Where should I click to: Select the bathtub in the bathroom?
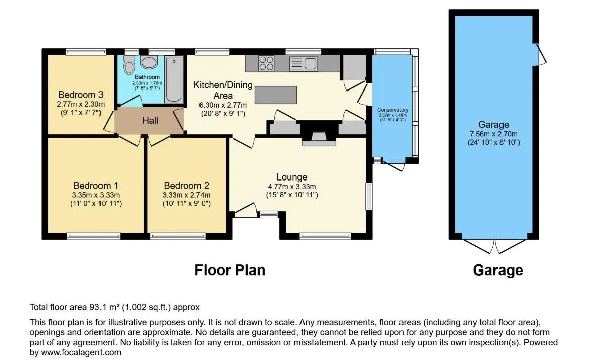click(x=174, y=79)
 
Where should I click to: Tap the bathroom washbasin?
click(x=149, y=62)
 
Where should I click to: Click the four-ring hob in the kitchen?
click(x=266, y=63)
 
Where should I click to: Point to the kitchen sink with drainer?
click(x=303, y=64)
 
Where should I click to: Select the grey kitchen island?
click(x=275, y=95)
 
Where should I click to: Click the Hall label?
click(x=150, y=120)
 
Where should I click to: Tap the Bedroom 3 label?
click(x=81, y=95)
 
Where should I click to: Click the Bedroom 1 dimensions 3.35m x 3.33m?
click(x=96, y=195)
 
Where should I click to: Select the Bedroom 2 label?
click(x=186, y=186)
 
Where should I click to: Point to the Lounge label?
click(x=292, y=177)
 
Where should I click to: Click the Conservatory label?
click(x=393, y=110)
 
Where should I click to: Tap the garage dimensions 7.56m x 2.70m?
click(x=493, y=134)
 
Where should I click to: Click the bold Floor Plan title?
click(x=230, y=271)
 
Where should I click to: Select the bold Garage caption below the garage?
click(x=498, y=271)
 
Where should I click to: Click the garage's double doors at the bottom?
click(x=494, y=246)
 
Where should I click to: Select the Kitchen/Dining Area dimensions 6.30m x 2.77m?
click(x=223, y=105)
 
